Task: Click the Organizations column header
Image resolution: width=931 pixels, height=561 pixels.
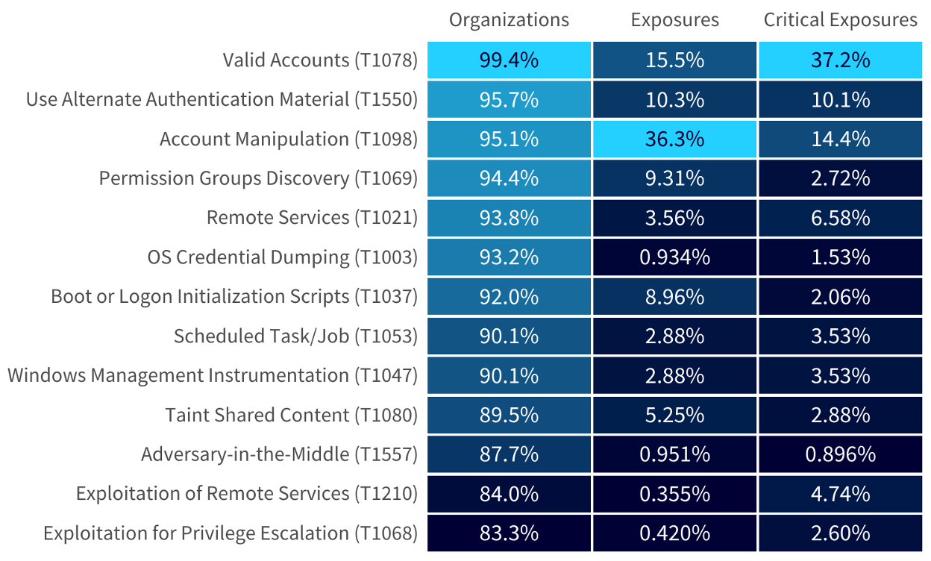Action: point(509,20)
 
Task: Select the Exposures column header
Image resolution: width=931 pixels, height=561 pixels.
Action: point(674,20)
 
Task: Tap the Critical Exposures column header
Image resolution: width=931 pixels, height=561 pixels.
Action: point(840,20)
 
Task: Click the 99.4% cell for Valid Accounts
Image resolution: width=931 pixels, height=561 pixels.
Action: point(509,60)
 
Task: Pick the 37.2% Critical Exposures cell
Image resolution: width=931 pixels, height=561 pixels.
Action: point(840,60)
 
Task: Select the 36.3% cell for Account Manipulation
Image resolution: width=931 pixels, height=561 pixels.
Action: point(674,139)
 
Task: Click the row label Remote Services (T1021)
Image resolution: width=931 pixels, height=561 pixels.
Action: point(312,218)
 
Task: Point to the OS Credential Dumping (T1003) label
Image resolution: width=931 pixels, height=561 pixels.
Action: point(282,257)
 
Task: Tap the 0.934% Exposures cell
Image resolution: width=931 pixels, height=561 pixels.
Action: point(674,257)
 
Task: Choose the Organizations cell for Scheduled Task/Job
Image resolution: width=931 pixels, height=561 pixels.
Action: point(509,336)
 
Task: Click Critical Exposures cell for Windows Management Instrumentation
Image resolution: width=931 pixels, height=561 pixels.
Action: point(840,375)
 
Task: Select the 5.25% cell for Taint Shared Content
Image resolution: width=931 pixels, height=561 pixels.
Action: point(674,415)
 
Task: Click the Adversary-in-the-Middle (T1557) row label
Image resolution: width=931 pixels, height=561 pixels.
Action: point(279,454)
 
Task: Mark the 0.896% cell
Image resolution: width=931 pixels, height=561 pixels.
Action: point(840,454)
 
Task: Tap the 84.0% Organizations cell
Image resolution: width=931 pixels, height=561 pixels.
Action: point(509,494)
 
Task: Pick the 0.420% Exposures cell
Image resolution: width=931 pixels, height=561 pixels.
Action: point(674,533)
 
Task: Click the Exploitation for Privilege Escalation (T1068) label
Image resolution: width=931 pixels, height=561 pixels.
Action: point(230,533)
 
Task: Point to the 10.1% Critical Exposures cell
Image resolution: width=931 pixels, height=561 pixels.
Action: point(840,99)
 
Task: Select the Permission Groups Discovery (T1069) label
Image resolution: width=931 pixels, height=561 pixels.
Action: point(258,178)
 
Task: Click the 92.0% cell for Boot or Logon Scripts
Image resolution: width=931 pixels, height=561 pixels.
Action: point(509,297)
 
